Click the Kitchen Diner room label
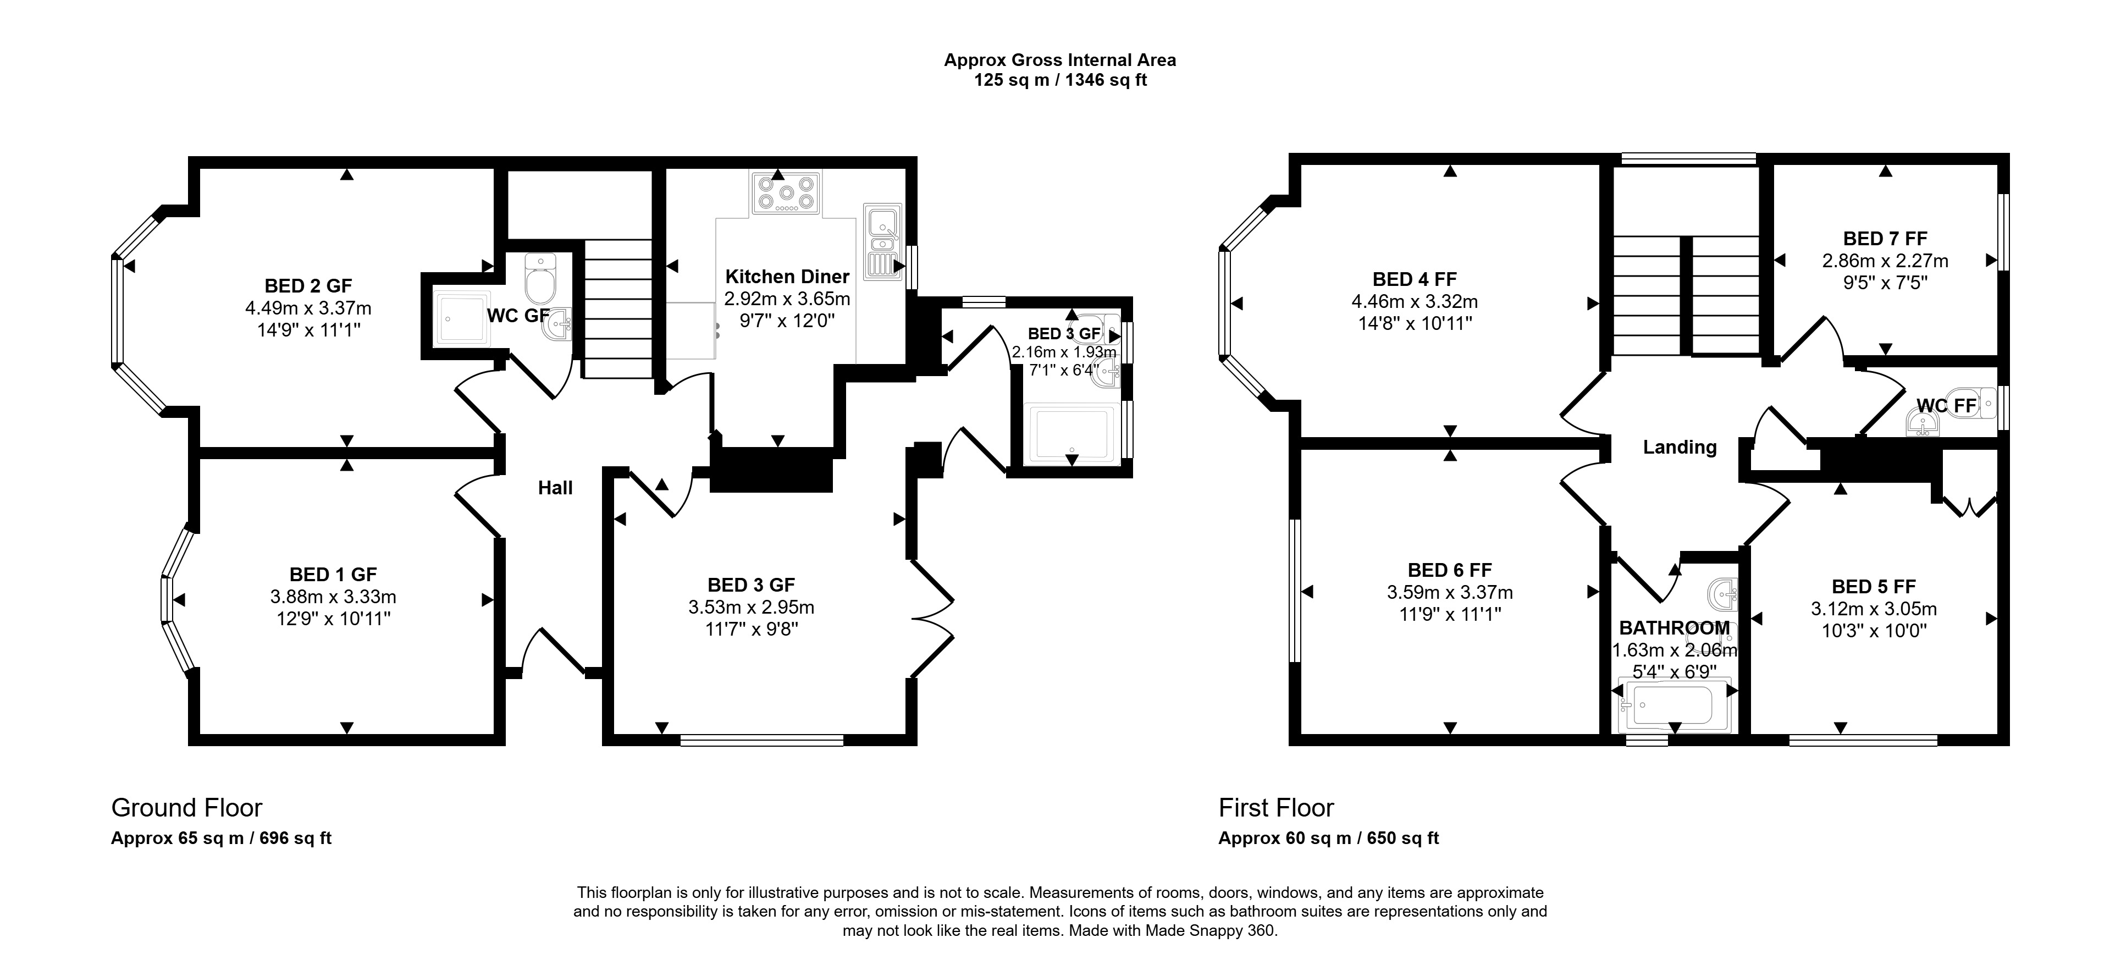click(787, 277)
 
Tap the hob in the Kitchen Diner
click(786, 194)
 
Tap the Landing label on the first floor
click(1680, 447)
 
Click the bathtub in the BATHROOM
click(1675, 705)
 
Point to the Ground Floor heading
click(187, 808)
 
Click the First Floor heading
click(1276, 808)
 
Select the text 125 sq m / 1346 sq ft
click(1060, 80)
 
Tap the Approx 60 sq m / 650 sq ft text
click(1329, 838)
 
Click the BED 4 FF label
click(1415, 279)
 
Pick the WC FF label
click(1946, 406)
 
